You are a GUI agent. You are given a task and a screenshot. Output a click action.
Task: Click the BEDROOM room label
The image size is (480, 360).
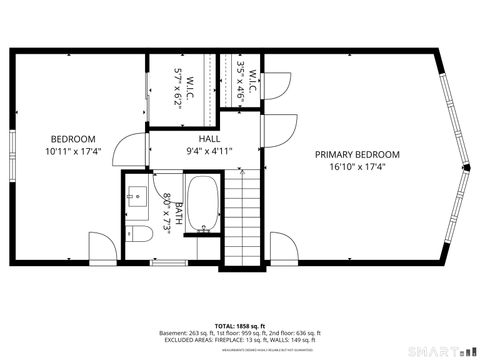pos(73,138)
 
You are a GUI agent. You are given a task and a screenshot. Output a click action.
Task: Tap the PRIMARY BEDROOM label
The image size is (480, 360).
pos(357,154)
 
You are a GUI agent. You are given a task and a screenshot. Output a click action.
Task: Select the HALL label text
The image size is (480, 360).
pos(209,139)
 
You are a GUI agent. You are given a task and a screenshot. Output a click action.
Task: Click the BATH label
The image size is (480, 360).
pos(179,213)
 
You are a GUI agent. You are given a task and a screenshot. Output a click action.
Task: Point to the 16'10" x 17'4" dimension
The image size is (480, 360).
pos(357,167)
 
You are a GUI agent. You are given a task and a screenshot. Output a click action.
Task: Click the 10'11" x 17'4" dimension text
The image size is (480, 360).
pos(73,151)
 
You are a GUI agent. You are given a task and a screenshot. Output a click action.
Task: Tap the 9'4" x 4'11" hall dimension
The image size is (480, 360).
pos(209,151)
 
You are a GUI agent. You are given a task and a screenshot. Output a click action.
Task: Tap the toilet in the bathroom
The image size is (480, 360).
pos(140,234)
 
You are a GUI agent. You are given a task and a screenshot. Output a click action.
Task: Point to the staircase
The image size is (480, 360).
pos(240,220)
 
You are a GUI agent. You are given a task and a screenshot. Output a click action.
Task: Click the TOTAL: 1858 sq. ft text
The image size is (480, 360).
pos(240,326)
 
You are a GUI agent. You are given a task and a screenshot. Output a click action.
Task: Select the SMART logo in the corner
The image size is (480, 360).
pos(441,351)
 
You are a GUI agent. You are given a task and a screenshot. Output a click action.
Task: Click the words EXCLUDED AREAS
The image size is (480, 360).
pos(178,340)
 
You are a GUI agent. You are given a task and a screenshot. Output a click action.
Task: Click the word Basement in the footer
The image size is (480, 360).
pos(175,333)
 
